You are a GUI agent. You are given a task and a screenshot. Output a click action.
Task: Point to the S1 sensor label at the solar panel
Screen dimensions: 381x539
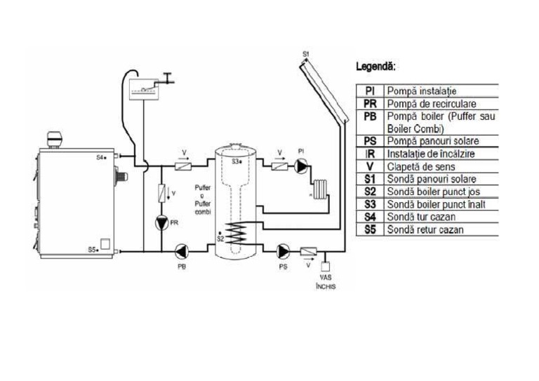coord(305,53)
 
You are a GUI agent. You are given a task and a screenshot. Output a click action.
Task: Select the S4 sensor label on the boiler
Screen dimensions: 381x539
coord(101,158)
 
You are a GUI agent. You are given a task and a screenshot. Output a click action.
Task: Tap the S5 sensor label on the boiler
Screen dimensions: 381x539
coord(93,249)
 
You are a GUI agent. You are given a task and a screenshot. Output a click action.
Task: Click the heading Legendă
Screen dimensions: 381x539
coord(376,68)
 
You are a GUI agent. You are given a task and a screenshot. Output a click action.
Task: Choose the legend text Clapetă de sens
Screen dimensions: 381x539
coord(421,166)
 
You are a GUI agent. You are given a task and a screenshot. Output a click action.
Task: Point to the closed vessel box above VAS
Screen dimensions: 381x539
coord(325,267)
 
